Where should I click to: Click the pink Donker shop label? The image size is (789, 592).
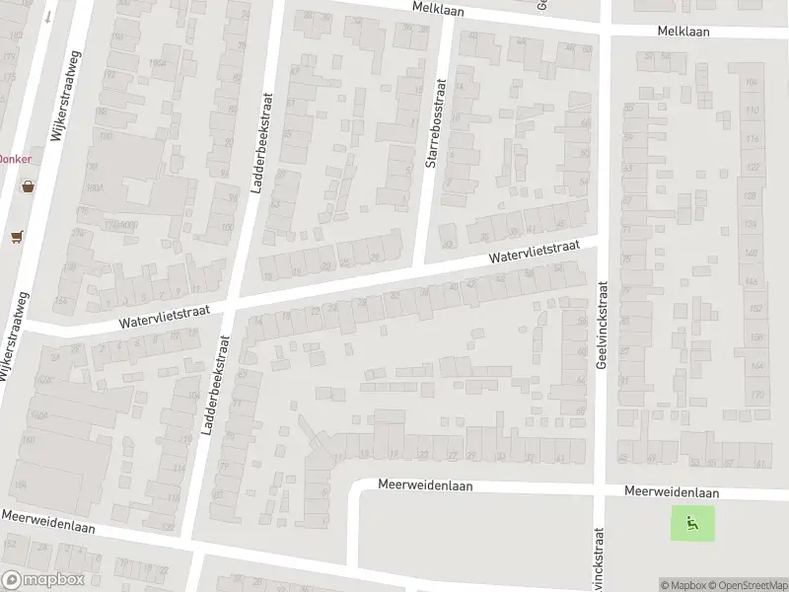(x=15, y=159)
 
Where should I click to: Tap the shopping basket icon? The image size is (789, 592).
(x=28, y=185)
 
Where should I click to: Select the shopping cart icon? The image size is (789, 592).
(x=16, y=236)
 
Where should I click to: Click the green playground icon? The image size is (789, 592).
(x=692, y=523)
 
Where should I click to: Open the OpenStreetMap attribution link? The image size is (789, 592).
(x=748, y=585)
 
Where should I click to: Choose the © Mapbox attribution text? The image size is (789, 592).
(x=684, y=585)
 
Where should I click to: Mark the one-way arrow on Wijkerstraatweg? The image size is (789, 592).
(x=45, y=17)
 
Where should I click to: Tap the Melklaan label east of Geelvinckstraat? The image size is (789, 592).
(x=696, y=32)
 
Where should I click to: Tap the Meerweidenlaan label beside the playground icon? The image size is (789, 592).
(x=671, y=492)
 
